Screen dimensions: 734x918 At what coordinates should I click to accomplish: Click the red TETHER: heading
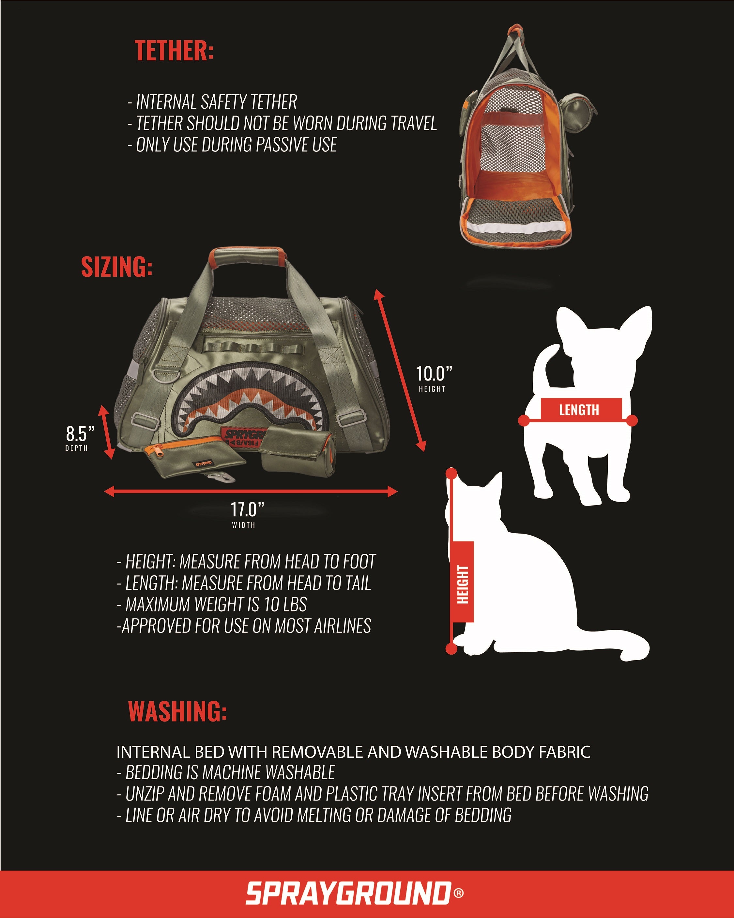(174, 51)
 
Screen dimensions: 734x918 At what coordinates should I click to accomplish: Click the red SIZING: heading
(117, 267)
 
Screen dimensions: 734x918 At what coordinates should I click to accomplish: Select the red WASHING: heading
(177, 711)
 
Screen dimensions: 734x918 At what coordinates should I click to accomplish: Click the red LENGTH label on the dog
(579, 410)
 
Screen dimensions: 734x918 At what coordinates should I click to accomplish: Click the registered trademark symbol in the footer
(459, 893)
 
